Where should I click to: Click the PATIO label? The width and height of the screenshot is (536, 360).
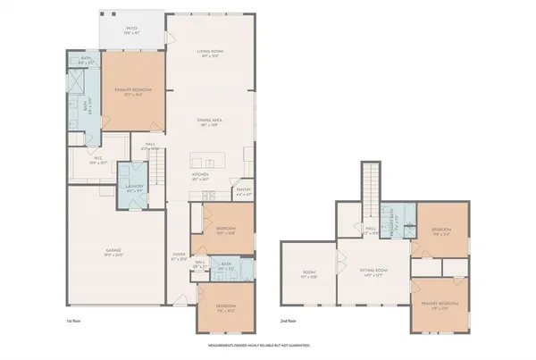[x=132, y=29]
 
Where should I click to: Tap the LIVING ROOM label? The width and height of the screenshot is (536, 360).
[x=209, y=53]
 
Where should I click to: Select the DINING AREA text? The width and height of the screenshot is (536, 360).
[x=209, y=121]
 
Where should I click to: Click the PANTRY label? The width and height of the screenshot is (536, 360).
[x=244, y=189]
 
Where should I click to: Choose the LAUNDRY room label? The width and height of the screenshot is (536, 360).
[x=135, y=188]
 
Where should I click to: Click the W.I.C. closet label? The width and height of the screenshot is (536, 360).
[x=98, y=161]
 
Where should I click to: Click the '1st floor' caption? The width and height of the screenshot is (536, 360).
[x=75, y=321]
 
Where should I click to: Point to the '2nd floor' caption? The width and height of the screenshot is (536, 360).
[x=289, y=321]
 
